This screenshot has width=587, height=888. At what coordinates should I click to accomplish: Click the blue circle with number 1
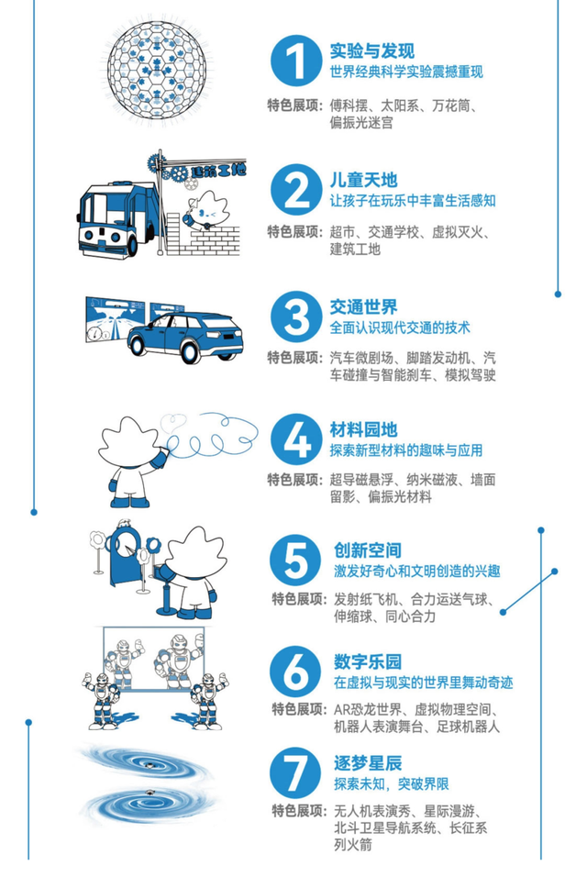(x=295, y=61)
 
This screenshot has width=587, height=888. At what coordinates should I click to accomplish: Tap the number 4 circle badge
(x=295, y=441)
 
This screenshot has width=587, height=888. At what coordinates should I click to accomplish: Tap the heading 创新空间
(x=367, y=550)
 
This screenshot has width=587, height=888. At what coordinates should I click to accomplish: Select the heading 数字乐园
(x=367, y=661)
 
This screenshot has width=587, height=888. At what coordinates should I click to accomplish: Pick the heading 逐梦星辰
(x=367, y=763)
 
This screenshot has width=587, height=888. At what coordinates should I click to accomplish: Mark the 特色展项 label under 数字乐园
(x=298, y=708)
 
